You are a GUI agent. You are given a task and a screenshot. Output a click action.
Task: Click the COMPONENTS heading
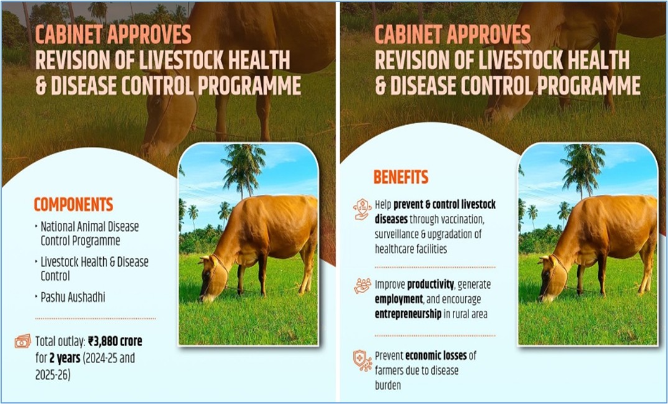click(73, 205)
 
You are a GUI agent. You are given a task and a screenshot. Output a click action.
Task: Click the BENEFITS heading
click(401, 177)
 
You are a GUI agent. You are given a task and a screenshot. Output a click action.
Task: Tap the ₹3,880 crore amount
click(116, 341)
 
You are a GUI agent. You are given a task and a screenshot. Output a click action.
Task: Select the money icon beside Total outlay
click(23, 341)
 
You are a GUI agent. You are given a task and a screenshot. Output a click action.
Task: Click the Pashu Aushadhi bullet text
click(73, 297)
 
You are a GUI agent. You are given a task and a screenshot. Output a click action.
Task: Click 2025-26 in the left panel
click(53, 375)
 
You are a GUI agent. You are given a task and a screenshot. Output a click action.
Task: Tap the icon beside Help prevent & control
click(362, 209)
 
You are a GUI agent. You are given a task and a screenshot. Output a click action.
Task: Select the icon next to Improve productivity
click(362, 286)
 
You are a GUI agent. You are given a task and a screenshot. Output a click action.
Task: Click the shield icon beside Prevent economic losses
click(363, 360)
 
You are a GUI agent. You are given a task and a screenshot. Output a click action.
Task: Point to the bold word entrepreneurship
click(408, 314)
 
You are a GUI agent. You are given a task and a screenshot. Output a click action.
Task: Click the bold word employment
click(399, 299)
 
